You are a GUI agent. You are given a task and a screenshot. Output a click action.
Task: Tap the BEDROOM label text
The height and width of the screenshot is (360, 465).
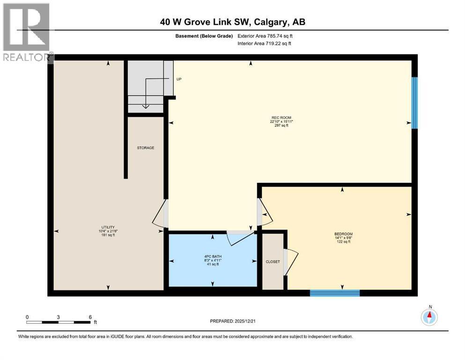coord(343,234)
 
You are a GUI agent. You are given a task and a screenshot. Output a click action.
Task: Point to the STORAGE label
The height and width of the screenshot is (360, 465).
coord(145,148)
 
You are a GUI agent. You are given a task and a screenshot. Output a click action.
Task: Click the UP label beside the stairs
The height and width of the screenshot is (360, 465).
coord(179,79)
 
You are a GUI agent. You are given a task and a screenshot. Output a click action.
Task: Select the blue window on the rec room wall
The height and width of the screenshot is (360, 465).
coord(414,103)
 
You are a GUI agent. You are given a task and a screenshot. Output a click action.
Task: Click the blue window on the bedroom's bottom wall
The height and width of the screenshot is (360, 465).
coord(334,293)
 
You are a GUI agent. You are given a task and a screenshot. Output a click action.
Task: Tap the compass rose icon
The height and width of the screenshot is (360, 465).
coord(429,317)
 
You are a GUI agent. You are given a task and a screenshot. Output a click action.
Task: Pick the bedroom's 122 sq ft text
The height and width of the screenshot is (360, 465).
coord(343,241)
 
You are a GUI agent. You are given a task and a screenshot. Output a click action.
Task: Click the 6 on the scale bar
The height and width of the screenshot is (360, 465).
coord(90,316)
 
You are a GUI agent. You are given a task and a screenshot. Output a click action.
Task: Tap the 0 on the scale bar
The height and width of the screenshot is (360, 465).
coord(27,316)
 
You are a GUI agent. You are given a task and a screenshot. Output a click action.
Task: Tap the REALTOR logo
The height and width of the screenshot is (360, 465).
coord(26,32)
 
